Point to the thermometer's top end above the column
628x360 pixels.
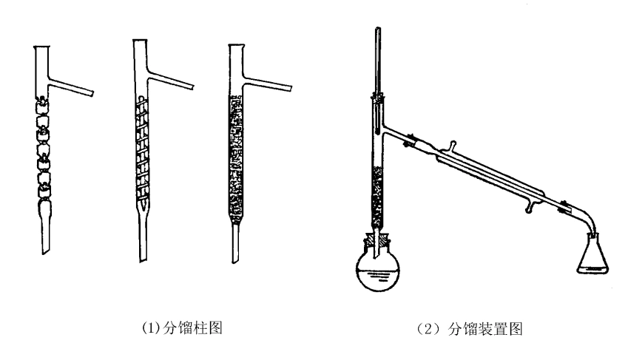tap(379, 33)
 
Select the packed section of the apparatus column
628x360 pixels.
tap(378, 195)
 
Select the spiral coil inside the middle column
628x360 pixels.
tap(145, 148)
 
